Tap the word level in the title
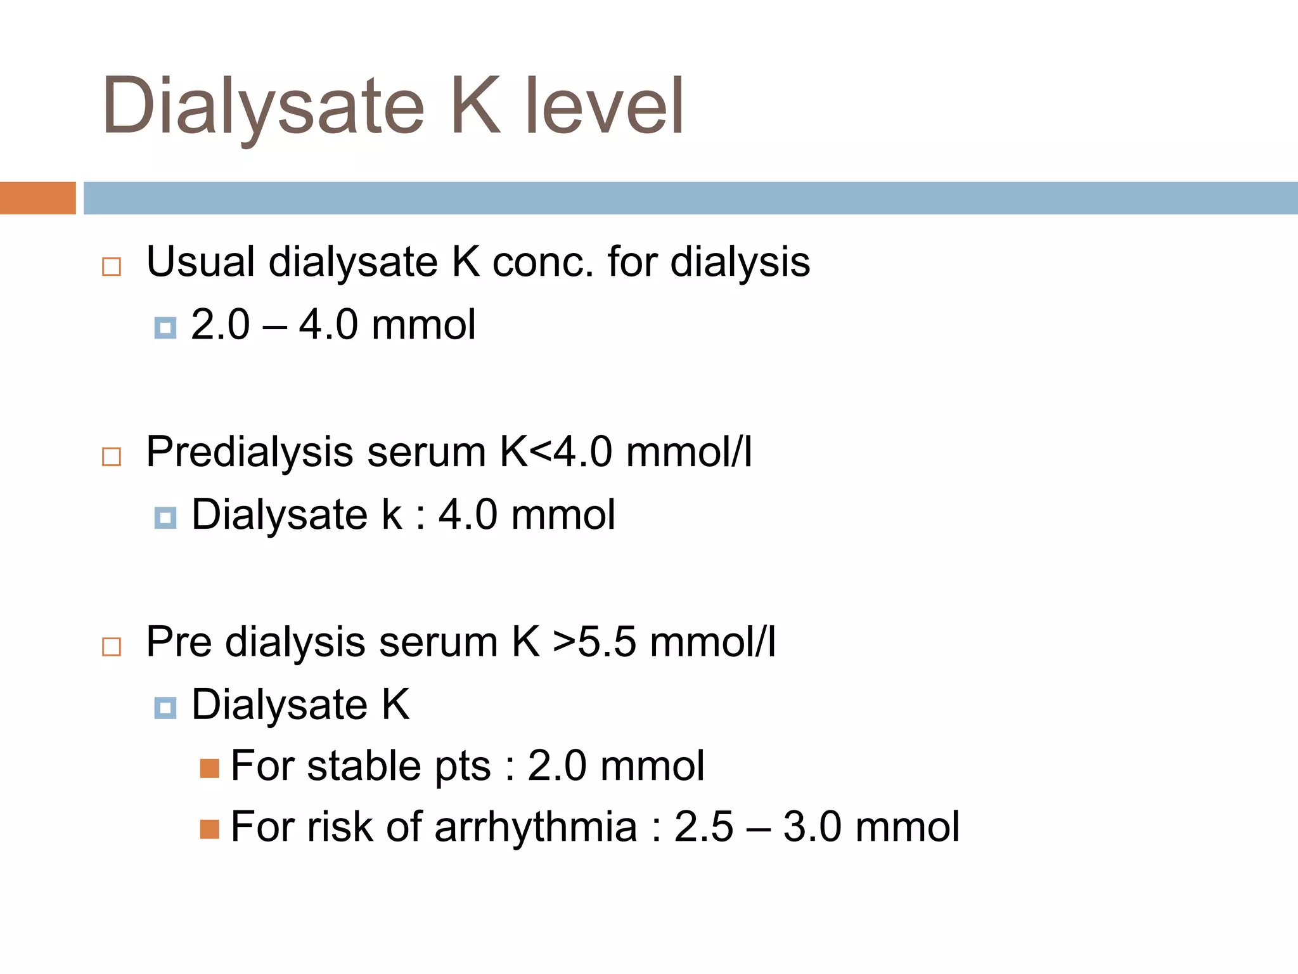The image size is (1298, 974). coord(605,107)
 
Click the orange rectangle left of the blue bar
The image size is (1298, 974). coord(37,198)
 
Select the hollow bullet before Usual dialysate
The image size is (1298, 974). coord(112,266)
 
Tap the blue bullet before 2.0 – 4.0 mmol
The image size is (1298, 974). coord(165,328)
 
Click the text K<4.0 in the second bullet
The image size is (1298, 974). coord(556,451)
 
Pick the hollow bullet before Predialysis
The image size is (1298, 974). coord(112,457)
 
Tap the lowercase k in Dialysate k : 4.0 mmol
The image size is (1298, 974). coord(392,514)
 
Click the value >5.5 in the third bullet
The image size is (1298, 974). coord(594,642)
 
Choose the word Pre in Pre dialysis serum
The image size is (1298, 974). coord(179,642)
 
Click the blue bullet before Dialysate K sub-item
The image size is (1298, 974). coord(165,708)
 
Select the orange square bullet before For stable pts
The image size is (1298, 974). coord(209,769)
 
